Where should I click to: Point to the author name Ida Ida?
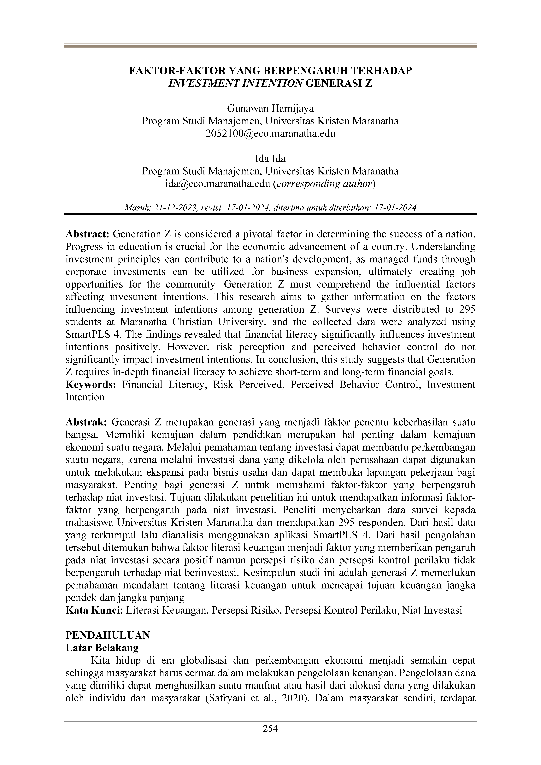pos(270,159)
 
